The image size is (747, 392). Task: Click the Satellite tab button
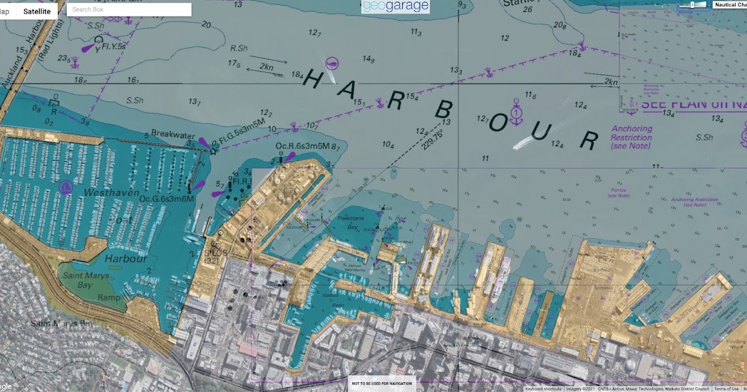tap(33, 11)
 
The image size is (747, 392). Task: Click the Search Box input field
tap(129, 9)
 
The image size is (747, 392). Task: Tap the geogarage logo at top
tap(395, 6)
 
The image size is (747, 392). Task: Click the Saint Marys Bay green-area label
tap(85, 281)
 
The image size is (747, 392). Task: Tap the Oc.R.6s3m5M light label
tap(303, 146)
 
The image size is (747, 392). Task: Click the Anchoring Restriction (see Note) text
tap(631, 138)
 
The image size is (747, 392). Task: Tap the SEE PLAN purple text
tap(691, 104)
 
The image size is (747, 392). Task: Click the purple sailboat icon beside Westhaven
tap(66, 187)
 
